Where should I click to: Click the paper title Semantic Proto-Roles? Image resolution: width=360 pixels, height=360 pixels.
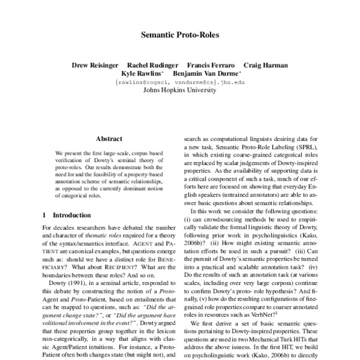click(x=179, y=35)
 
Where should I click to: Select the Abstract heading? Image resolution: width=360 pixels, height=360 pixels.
click(x=109, y=139)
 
